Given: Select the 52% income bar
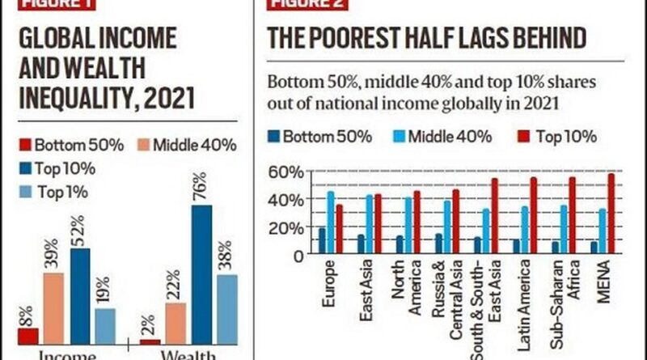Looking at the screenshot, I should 80,295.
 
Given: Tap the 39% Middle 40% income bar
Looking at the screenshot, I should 53,307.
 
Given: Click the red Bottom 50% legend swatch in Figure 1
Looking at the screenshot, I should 24,146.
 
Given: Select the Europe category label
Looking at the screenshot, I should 328,286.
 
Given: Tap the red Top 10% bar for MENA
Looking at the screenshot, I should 611,214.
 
